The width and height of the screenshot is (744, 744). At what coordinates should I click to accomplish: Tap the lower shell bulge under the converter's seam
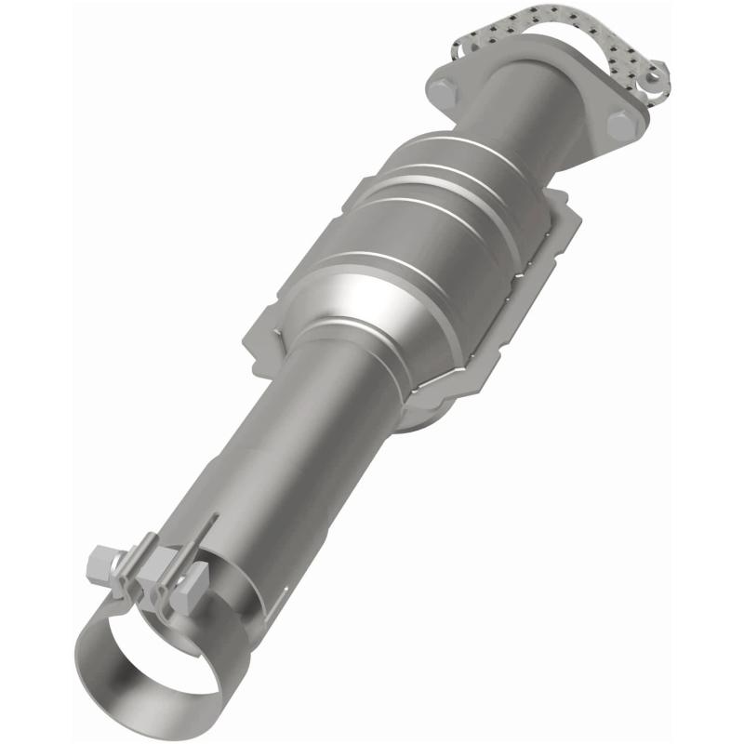[x=418, y=409]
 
